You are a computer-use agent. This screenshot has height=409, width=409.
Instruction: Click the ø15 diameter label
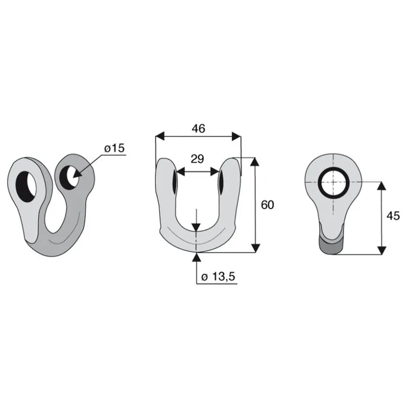coord(115,148)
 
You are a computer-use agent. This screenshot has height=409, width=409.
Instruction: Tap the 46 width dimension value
coord(198,129)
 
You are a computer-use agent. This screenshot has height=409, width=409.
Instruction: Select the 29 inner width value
coord(197,159)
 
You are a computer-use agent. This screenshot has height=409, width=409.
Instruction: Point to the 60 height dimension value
coord(267,205)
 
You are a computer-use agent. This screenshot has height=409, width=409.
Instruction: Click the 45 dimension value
coord(393,216)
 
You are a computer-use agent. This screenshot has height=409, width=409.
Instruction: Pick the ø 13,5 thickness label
coord(218,277)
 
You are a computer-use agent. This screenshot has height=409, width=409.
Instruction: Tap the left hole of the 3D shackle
coord(26,187)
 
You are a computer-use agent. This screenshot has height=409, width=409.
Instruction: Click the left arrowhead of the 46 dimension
coord(160,136)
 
